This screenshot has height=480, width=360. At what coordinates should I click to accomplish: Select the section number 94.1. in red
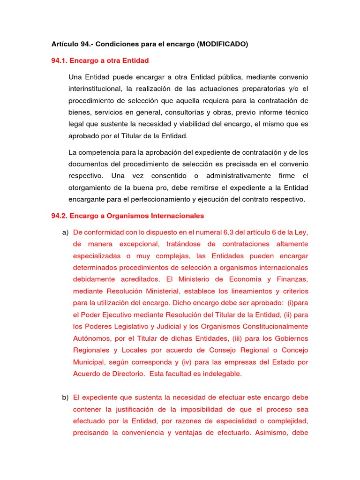60,60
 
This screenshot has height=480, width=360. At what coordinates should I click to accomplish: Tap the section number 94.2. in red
60,216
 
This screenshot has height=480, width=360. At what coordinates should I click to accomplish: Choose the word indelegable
220,374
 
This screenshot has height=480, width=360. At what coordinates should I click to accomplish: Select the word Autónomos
91,338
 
